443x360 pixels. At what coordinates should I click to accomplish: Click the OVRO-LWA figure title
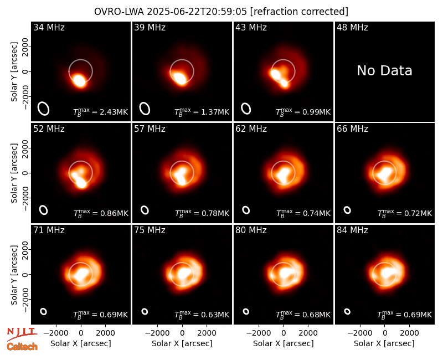tap(221, 12)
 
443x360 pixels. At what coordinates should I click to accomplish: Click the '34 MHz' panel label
tap(49, 27)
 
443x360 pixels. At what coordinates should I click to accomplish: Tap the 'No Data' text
tap(384, 70)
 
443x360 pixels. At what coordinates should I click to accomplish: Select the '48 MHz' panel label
tap(352, 27)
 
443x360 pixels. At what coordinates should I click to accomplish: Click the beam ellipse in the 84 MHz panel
tap(347, 311)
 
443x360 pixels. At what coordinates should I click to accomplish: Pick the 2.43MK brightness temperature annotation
tap(101, 112)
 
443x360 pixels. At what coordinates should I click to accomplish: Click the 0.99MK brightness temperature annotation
tap(303, 112)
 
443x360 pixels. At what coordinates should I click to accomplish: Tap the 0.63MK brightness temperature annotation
tap(202, 314)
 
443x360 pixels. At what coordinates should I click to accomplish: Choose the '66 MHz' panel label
tap(352, 129)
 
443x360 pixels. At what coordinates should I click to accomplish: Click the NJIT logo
tap(22, 334)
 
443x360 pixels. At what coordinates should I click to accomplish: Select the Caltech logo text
tap(22, 347)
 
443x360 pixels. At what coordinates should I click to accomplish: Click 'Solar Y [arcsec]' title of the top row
tap(14, 72)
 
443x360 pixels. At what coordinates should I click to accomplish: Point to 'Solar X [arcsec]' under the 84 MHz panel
tap(384, 343)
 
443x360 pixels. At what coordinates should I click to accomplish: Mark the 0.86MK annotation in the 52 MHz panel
tap(101, 213)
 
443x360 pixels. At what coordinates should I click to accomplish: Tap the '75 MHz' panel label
tap(150, 230)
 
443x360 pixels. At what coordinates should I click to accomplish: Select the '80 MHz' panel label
tap(251, 230)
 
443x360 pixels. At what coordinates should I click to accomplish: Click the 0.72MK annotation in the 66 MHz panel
tap(405, 213)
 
